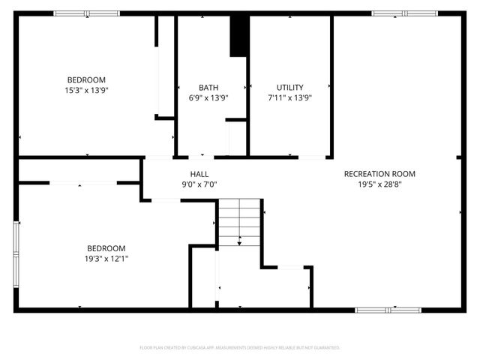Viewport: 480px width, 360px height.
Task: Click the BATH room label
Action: point(208,87)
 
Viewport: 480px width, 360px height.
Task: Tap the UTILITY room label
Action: point(289,87)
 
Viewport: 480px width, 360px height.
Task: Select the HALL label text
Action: point(199,174)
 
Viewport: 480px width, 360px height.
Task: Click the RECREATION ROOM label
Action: point(379,174)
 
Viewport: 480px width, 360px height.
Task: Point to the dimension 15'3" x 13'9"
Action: point(86,90)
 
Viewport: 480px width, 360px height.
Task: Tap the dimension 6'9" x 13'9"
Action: point(208,97)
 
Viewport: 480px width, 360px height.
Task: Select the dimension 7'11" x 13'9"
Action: point(289,97)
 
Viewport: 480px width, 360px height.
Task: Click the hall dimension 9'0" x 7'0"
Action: point(199,184)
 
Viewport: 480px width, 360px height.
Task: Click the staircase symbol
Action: point(239,221)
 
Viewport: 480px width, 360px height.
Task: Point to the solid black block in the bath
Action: point(238,34)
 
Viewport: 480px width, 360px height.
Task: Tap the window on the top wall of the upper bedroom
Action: point(86,13)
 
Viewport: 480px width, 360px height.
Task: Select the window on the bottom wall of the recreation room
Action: point(388,309)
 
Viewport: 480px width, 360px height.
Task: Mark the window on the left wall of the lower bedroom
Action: point(16,247)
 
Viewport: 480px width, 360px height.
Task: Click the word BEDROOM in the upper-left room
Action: point(86,80)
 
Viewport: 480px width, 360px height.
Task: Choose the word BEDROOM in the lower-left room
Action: point(106,248)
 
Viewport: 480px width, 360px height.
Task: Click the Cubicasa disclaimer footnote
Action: point(240,348)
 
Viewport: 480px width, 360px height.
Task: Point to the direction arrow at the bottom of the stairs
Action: point(239,241)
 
